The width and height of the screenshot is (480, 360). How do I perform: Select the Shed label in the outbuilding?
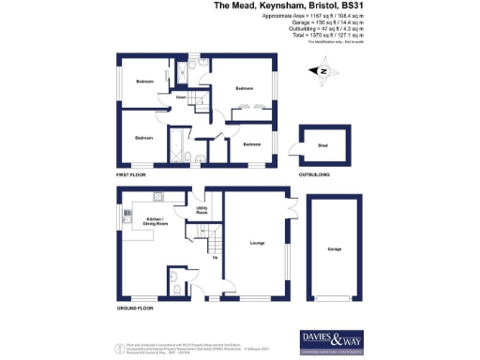tap(322, 146)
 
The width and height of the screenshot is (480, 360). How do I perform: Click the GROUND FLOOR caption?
tap(134, 307)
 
